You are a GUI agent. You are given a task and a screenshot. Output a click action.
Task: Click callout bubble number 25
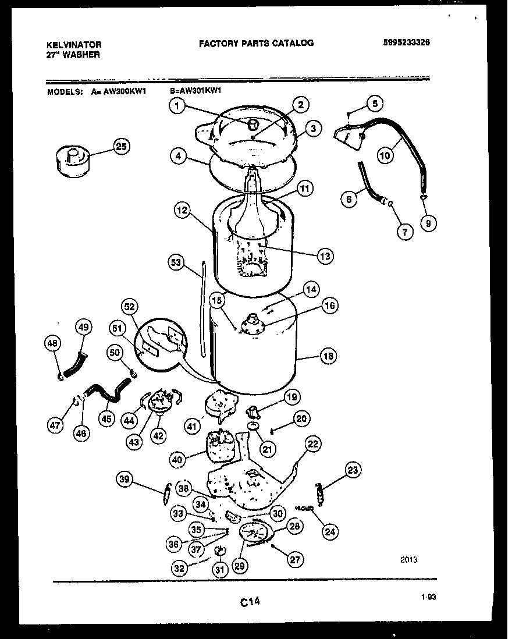(x=120, y=147)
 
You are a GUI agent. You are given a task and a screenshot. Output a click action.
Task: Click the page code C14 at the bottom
(x=250, y=604)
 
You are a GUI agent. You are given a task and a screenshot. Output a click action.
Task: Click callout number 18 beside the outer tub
(x=328, y=356)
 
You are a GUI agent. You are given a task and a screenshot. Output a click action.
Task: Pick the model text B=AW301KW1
(x=196, y=91)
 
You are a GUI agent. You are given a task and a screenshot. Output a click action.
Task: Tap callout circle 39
(x=125, y=480)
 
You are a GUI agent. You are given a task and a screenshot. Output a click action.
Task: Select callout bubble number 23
(x=353, y=470)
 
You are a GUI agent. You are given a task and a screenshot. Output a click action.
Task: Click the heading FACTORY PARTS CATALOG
(x=256, y=42)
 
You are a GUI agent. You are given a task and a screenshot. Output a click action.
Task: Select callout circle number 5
(x=374, y=104)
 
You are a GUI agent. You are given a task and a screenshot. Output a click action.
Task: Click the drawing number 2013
(x=408, y=560)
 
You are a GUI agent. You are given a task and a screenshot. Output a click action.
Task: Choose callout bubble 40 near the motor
(x=179, y=459)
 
